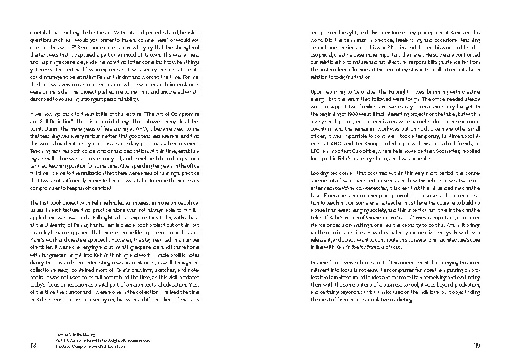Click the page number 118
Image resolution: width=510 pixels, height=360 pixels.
click(x=33, y=346)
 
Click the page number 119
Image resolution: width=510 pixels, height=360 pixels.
click(x=476, y=346)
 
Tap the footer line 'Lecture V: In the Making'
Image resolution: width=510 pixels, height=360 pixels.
click(x=73, y=335)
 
